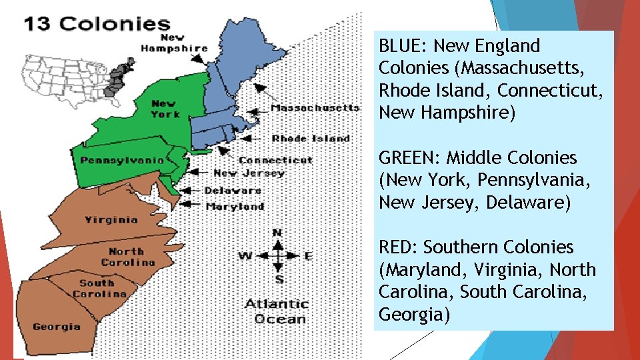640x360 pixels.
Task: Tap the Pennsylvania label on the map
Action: [x=122, y=160]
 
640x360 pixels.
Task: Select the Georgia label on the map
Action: [x=56, y=327]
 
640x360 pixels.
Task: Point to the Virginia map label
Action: [x=111, y=219]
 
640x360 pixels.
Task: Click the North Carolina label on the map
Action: [x=127, y=257]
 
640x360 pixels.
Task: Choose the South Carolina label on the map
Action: [x=97, y=288]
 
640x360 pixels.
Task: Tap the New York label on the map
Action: [x=165, y=109]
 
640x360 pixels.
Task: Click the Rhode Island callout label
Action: [x=311, y=139]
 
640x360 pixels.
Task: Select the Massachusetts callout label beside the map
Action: [x=315, y=107]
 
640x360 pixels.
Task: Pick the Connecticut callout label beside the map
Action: [x=275, y=160]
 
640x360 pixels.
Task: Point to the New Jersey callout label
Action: [x=249, y=173]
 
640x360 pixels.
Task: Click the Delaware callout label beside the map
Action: [x=233, y=191]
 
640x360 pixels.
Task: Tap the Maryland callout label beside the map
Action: [x=235, y=207]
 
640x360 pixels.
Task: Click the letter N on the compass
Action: [x=277, y=233]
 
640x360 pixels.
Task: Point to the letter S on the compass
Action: [x=279, y=279]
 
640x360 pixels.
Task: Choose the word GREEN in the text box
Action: [x=408, y=158]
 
